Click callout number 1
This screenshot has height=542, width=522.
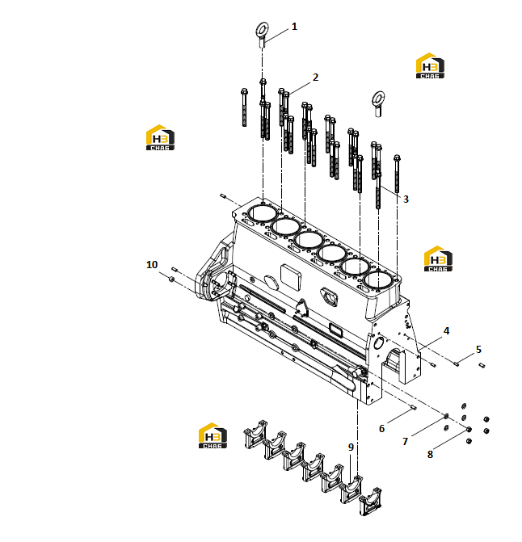294,27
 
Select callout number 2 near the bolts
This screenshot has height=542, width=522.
315,78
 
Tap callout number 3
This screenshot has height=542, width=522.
406,199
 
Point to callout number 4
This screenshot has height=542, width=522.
446,331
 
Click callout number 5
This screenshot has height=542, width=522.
478,350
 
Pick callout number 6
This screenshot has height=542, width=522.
381,429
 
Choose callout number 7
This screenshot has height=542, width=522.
405,441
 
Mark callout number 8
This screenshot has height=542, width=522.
430,455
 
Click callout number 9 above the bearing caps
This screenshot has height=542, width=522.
351,447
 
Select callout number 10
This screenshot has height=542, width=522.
152,265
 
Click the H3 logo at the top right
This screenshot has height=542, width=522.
430,65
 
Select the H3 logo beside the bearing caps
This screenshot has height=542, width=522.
213,435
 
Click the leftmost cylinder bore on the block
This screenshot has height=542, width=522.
263,214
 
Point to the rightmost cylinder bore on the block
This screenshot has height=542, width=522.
378,280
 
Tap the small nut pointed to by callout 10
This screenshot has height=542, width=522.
171,279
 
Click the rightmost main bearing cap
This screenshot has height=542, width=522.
370,502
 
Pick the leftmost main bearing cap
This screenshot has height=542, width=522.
255,434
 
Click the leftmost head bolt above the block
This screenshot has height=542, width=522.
244,107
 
